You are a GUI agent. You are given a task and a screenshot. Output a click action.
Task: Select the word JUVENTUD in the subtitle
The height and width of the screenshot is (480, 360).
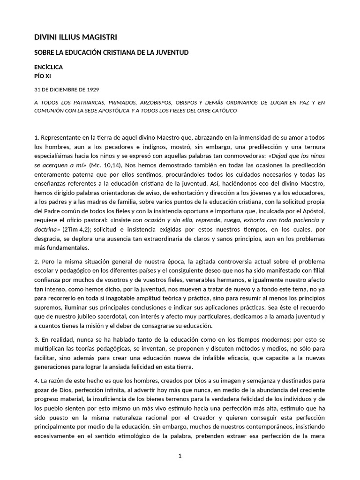pyautogui.click(x=171, y=52)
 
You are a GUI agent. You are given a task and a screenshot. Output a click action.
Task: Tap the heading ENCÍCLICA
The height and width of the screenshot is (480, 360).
pyautogui.click(x=49, y=67)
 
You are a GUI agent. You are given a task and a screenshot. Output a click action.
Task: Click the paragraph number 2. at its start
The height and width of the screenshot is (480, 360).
pyautogui.click(x=37, y=261)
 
